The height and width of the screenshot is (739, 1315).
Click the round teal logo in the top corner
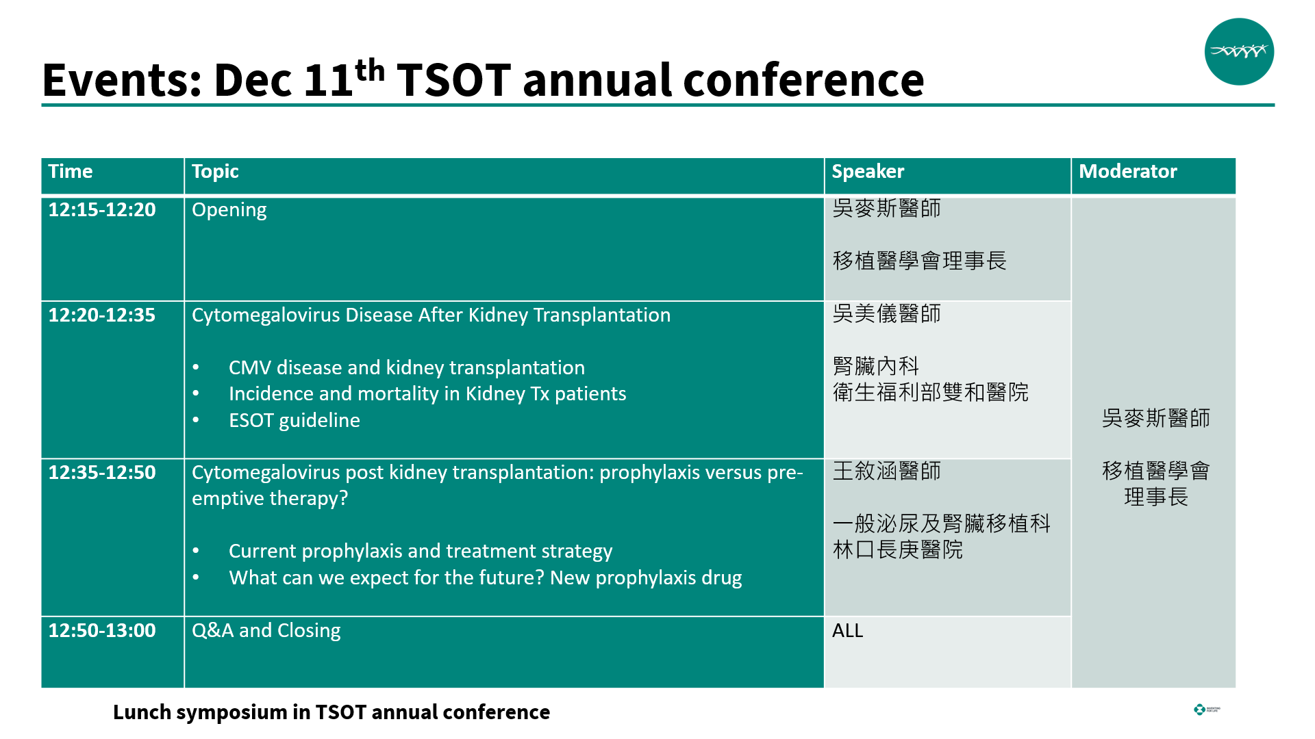point(1239,51)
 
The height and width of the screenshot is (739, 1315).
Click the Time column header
point(70,171)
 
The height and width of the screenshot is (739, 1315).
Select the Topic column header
point(215,172)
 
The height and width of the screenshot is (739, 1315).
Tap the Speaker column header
point(868,172)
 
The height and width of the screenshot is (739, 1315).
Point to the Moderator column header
point(1127,171)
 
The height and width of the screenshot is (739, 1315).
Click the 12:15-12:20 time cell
point(102,209)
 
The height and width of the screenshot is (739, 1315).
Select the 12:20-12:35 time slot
point(102,315)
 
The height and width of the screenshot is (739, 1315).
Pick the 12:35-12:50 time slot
point(102,472)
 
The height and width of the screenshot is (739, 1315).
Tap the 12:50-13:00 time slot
point(102,630)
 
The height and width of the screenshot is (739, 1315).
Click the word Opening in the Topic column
point(229,211)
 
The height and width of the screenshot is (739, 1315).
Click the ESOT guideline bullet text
point(295,420)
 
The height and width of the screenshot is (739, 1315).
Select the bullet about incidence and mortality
point(427,394)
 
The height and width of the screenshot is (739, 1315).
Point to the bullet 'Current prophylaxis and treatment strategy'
point(421,552)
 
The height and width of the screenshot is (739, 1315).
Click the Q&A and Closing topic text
point(266,631)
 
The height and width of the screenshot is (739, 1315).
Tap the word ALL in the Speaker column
point(847,631)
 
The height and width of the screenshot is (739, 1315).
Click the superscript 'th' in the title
point(369,70)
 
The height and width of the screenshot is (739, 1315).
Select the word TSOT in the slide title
point(454,80)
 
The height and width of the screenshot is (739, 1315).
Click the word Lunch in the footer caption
point(142,712)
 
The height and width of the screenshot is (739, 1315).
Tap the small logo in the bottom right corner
point(1206,710)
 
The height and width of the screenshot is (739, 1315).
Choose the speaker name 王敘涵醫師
point(886,471)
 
